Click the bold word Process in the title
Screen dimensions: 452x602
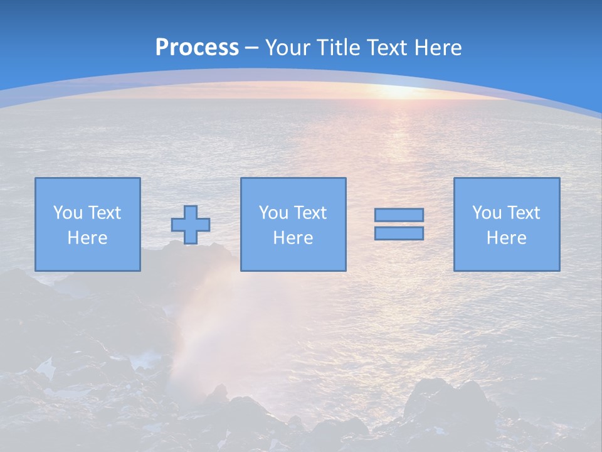[197, 47]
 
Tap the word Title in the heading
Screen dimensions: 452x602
[339, 48]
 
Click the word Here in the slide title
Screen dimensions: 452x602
[439, 48]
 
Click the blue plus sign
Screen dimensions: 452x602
[191, 225]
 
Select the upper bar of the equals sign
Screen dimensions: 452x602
[399, 215]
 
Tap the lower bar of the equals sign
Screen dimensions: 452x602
[399, 234]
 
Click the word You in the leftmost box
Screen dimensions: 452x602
[68, 213]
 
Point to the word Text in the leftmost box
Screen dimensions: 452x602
[103, 213]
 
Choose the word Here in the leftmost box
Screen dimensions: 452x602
[87, 238]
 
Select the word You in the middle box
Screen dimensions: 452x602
[273, 213]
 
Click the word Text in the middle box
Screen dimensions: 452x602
[309, 213]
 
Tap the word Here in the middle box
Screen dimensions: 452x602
[293, 238]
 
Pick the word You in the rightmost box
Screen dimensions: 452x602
[487, 213]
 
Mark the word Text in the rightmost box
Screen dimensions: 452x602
[522, 213]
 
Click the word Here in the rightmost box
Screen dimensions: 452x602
[506, 238]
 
